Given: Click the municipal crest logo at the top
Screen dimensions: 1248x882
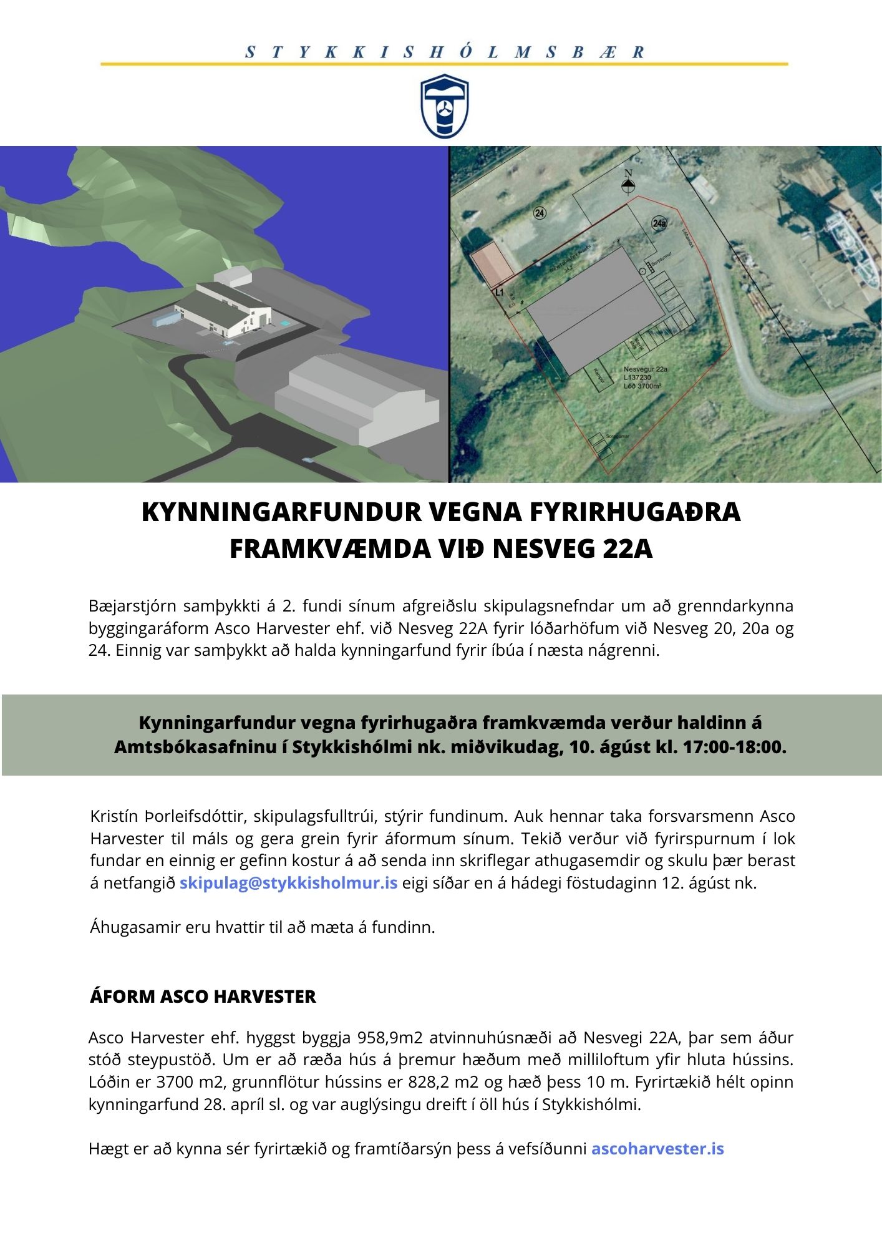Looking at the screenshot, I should (443, 106).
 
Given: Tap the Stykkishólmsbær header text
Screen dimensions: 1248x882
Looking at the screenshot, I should (444, 52).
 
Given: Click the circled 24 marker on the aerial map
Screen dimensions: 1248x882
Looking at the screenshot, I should (540, 213).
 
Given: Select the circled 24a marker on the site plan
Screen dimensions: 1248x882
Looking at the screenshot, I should (659, 223).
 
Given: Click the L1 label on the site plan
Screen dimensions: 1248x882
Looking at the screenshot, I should (499, 291).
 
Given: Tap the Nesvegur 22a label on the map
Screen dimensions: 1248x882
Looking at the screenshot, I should (646, 369).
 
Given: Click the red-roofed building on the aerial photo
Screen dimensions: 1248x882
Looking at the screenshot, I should (492, 265).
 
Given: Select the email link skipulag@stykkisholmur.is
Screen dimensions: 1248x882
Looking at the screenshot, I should (288, 883).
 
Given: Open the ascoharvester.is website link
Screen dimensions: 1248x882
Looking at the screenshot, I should (657, 1149).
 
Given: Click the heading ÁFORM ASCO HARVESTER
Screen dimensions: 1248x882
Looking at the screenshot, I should (203, 997).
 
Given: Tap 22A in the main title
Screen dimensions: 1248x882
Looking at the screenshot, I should (628, 549).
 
